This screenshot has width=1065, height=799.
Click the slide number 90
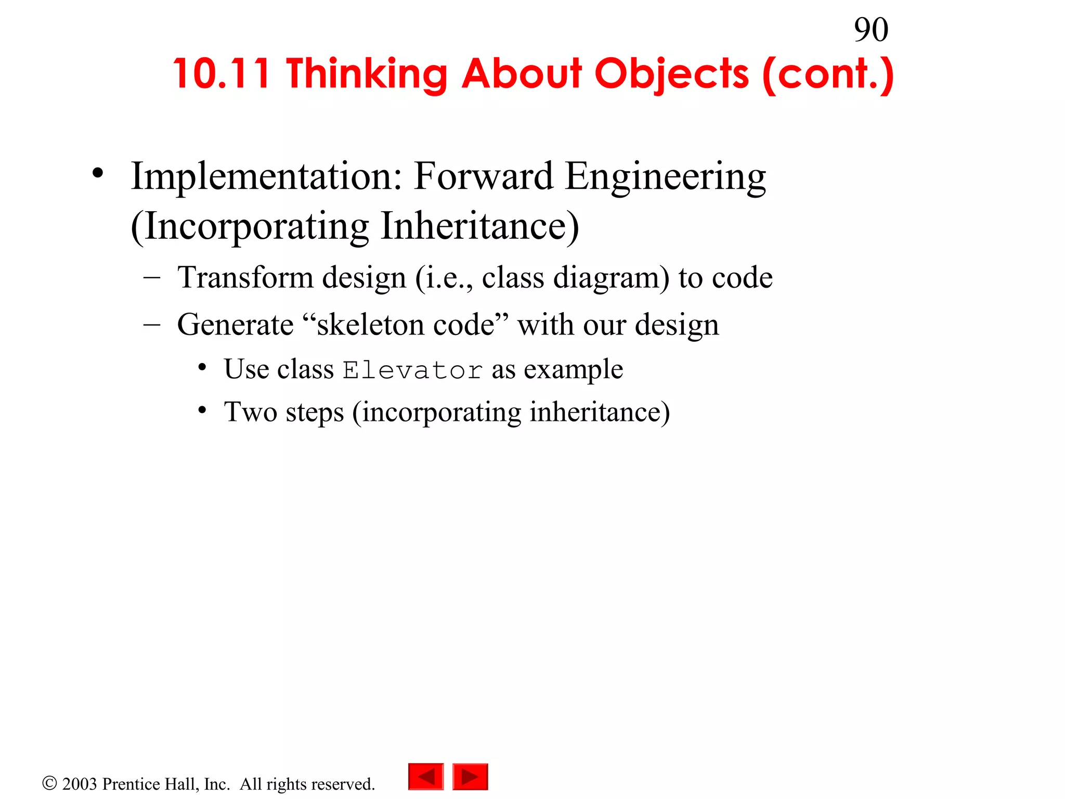[x=871, y=30]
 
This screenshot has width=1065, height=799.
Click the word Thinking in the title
[x=367, y=74]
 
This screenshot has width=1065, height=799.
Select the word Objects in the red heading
[x=671, y=74]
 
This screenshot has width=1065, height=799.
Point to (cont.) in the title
[x=828, y=74]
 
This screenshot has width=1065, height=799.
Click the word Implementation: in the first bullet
[x=266, y=176]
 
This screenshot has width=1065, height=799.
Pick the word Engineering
[x=665, y=177]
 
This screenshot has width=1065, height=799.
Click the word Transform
[x=245, y=277]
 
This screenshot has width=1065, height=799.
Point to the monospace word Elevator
[x=412, y=370]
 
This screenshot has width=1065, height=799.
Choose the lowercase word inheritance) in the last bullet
[x=599, y=412]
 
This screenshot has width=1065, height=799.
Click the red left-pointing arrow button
[x=426, y=777]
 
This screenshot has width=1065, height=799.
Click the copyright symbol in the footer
[x=49, y=783]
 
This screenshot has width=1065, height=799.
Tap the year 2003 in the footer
[x=80, y=784]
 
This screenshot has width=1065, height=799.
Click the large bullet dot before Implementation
[x=98, y=173]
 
